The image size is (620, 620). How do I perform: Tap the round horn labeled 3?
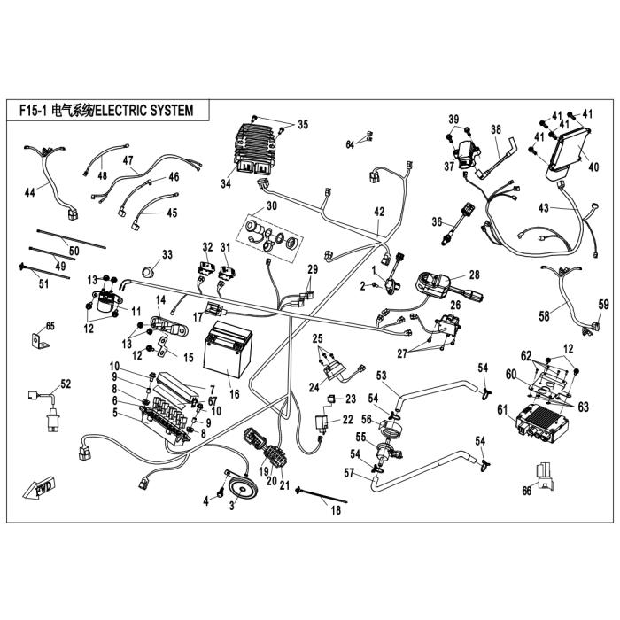point(240,487)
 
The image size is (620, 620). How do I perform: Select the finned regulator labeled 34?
point(258,149)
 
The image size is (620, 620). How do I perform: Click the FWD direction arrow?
point(39,489)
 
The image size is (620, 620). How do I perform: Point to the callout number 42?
point(379,212)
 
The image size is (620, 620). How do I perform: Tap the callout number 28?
point(475,275)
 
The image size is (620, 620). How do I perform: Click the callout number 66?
point(527,491)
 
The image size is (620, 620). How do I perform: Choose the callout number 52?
point(66,384)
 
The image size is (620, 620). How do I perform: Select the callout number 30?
point(272,205)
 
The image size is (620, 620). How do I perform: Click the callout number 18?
point(336,510)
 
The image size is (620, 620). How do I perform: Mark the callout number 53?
point(381,376)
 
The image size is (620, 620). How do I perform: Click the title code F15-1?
point(33,111)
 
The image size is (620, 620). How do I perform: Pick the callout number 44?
point(29,192)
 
